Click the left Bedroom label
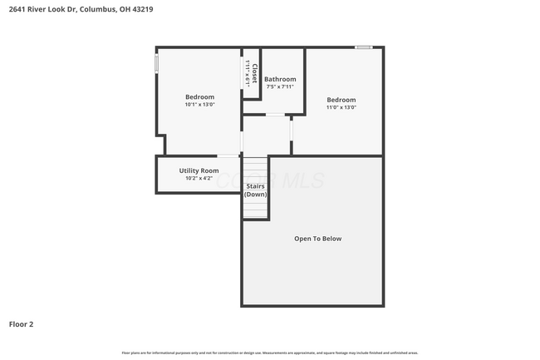pyautogui.click(x=199, y=96)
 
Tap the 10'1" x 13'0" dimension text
pyautogui.click(x=199, y=105)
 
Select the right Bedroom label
pyautogui.click(x=341, y=99)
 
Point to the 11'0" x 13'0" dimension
pyautogui.click(x=341, y=107)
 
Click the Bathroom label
pyautogui.click(x=280, y=79)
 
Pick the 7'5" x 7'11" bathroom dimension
pyautogui.click(x=280, y=86)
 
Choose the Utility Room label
pyautogui.click(x=199, y=170)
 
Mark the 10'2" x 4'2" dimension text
pyautogui.click(x=199, y=178)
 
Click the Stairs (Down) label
pyautogui.click(x=255, y=190)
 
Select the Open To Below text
pyautogui.click(x=317, y=239)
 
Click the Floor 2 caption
pyautogui.click(x=22, y=323)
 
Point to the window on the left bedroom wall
pyautogui.click(x=156, y=64)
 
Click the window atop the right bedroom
pyautogui.click(x=363, y=47)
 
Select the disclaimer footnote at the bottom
pyautogui.click(x=270, y=353)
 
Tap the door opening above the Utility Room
pyautogui.click(x=228, y=155)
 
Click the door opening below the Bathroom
pyautogui.click(x=275, y=115)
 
